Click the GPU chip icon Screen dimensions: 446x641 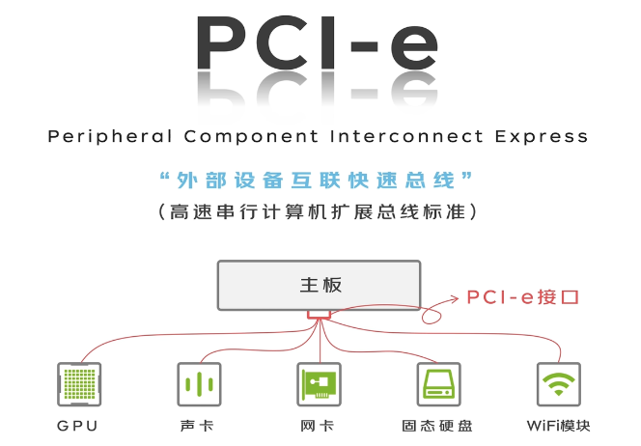[80, 384]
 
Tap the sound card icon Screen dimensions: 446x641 [199, 384]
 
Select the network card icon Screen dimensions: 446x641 [320, 384]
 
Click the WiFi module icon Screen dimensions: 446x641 [559, 384]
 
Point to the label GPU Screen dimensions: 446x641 [78, 426]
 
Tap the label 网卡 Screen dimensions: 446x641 [319, 426]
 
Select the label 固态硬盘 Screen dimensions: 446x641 [438, 426]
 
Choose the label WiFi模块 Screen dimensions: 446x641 [559, 426]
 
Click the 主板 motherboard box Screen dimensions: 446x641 [320, 285]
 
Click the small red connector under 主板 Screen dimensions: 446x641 [319, 315]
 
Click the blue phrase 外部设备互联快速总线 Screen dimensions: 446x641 [319, 180]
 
